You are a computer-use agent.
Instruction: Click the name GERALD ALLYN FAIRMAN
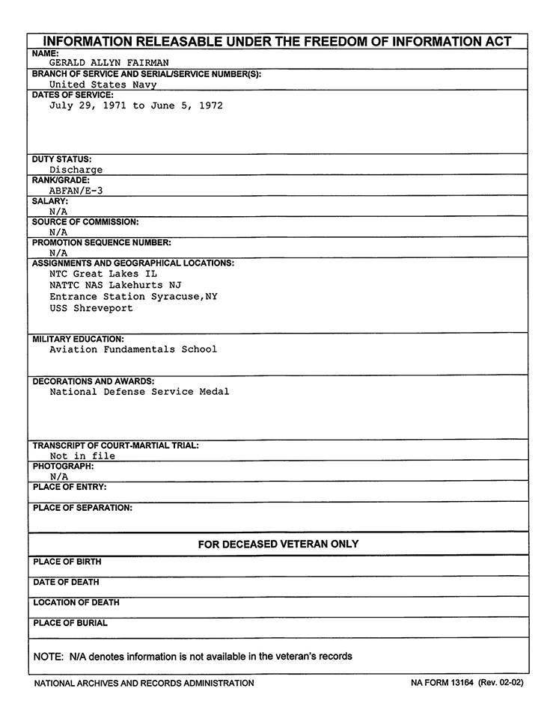(x=109, y=64)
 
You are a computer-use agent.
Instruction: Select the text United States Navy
(x=103, y=85)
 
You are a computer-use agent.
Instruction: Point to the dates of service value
(x=136, y=105)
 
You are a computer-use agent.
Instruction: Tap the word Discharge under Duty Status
(x=76, y=170)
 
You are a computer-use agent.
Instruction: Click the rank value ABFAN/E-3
(x=76, y=191)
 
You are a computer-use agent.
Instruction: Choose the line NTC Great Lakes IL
(x=103, y=274)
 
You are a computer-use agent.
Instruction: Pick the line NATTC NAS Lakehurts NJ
(x=115, y=285)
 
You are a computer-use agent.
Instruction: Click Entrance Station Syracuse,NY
(x=133, y=296)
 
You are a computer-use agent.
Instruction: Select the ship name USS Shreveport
(x=91, y=308)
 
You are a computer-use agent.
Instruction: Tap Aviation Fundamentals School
(x=133, y=349)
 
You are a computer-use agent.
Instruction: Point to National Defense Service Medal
(x=139, y=391)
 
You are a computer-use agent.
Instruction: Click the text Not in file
(x=82, y=455)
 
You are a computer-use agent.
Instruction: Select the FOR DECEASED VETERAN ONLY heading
(x=278, y=544)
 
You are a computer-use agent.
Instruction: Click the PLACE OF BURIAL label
(x=70, y=623)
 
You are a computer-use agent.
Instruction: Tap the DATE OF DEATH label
(x=66, y=582)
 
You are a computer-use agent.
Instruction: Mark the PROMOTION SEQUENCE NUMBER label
(x=102, y=242)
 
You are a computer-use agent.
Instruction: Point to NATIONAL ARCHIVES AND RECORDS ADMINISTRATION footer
(x=144, y=683)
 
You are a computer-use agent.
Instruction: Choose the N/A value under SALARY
(x=58, y=212)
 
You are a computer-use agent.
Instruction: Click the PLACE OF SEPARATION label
(x=82, y=508)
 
